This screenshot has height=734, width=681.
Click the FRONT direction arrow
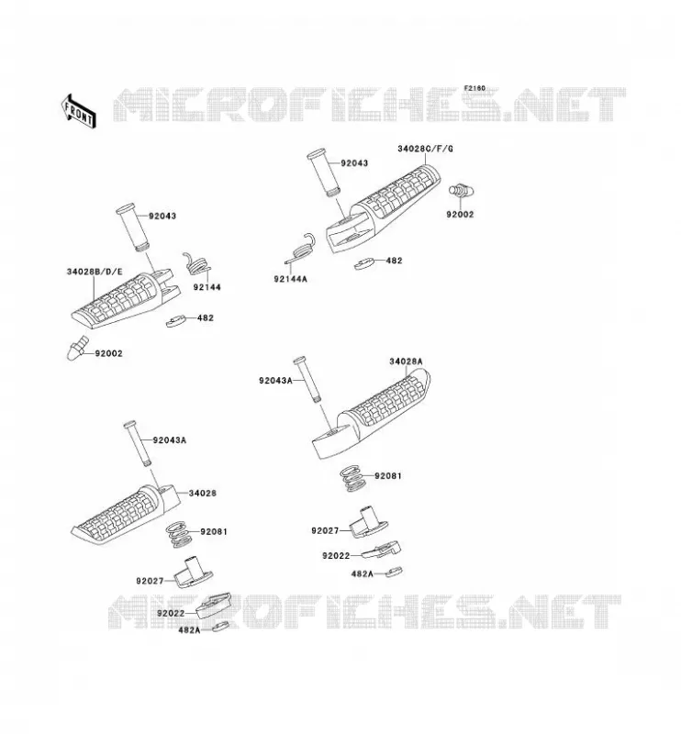click(x=79, y=110)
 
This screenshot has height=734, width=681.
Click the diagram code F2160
click(x=474, y=88)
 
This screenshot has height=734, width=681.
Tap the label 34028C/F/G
click(x=425, y=149)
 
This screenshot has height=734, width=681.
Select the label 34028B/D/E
click(x=95, y=272)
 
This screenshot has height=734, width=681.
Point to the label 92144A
click(x=290, y=279)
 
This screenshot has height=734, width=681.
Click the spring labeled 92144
click(x=196, y=264)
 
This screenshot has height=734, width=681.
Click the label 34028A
click(x=406, y=361)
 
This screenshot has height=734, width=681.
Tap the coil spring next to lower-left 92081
click(x=179, y=535)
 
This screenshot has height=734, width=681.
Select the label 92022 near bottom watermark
click(x=171, y=613)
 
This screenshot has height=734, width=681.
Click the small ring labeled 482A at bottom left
click(x=220, y=627)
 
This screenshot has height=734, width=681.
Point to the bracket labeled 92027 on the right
click(x=369, y=522)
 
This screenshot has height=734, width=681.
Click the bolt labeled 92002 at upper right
click(x=462, y=190)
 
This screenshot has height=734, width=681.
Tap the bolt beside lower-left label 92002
click(x=77, y=348)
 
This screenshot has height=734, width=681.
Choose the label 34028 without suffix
click(x=202, y=493)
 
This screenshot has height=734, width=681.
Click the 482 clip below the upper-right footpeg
click(x=365, y=263)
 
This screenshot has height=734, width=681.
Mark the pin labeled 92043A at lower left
click(x=138, y=443)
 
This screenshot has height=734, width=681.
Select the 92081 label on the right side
click(x=388, y=475)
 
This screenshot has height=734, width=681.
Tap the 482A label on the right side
click(x=362, y=573)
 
